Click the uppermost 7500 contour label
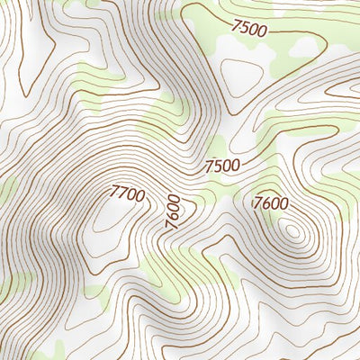click(249, 28)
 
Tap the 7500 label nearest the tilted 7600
click(221, 166)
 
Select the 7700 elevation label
click(127, 192)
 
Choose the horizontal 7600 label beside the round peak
click(272, 203)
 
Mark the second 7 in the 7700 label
click(122, 191)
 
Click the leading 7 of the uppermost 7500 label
click(236, 24)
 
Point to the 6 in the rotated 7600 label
click(171, 218)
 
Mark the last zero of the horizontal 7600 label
click(284, 204)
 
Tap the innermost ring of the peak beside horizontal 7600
click(292, 231)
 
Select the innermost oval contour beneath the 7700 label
click(108, 216)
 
